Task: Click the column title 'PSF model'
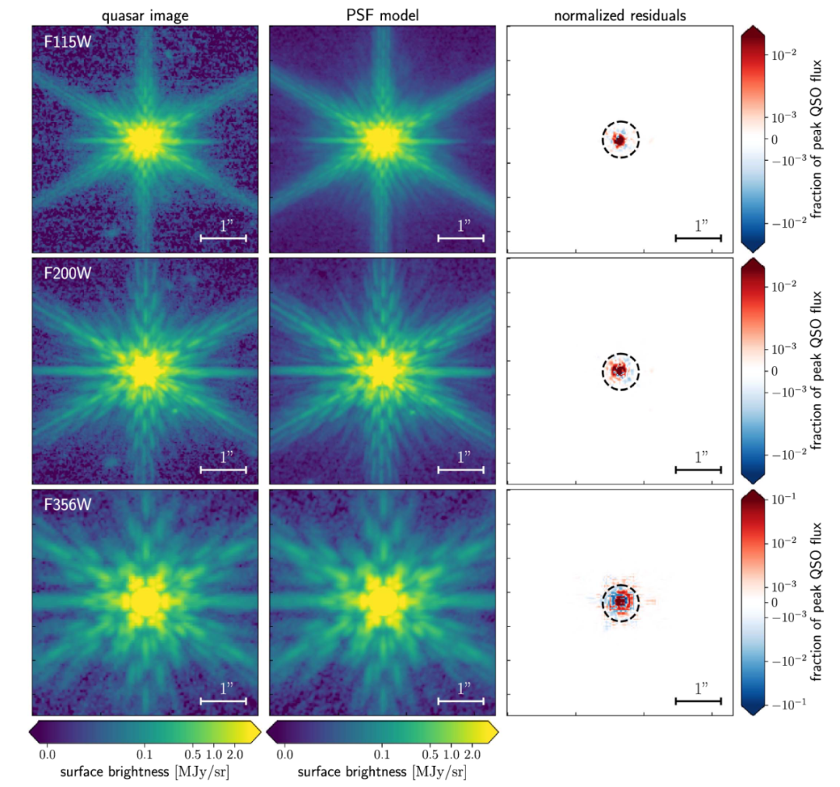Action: click(382, 15)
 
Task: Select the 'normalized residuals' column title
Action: click(620, 15)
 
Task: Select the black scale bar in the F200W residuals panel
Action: click(698, 469)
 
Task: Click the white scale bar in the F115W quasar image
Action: click(223, 237)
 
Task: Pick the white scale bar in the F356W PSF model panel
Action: click(461, 701)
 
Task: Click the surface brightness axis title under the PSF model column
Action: click(382, 771)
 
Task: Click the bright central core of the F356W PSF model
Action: click(382, 601)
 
